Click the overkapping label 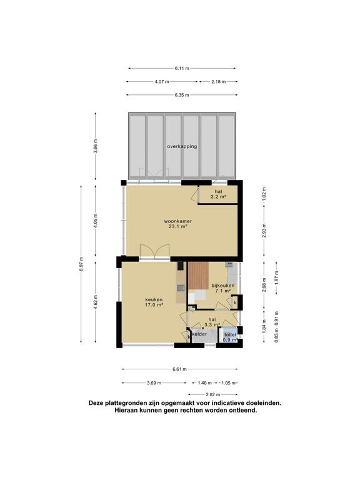pyautogui.click(x=182, y=146)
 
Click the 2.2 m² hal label pyautogui.click(x=218, y=194)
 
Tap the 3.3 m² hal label pyautogui.click(x=212, y=322)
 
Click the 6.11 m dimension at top pyautogui.click(x=182, y=68)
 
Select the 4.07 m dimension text pyautogui.click(x=162, y=82)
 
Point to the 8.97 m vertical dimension pyautogui.click(x=81, y=264)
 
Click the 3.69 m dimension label pyautogui.click(x=154, y=382)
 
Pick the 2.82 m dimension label pyautogui.click(x=213, y=394)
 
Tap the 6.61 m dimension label pyautogui.click(x=180, y=369)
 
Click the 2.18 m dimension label pyautogui.click(x=219, y=82)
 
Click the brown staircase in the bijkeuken pyautogui.click(x=198, y=276)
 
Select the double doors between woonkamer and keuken pyautogui.click(x=154, y=252)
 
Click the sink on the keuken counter pyautogui.click(x=181, y=287)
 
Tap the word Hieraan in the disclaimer pyautogui.click(x=126, y=410)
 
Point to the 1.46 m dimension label pyautogui.click(x=205, y=382)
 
